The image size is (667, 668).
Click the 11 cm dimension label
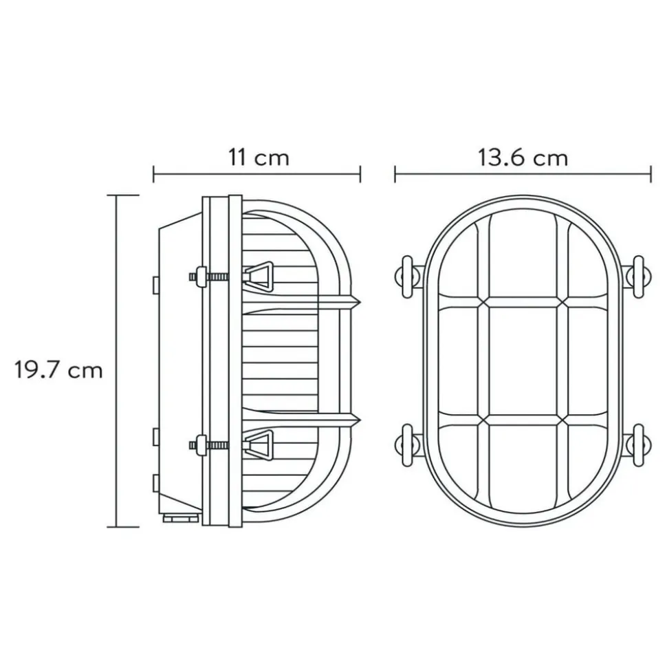point(259,158)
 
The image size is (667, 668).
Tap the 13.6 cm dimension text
point(523,158)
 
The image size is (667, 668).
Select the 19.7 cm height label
point(58,369)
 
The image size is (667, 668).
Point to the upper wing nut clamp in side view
point(257,276)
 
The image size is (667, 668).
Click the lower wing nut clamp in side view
point(257,445)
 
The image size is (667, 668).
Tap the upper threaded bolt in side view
point(209,277)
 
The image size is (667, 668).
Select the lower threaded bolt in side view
point(209,445)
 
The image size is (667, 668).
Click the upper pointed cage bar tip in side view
point(360,303)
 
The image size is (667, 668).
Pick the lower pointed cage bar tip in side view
point(360,420)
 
